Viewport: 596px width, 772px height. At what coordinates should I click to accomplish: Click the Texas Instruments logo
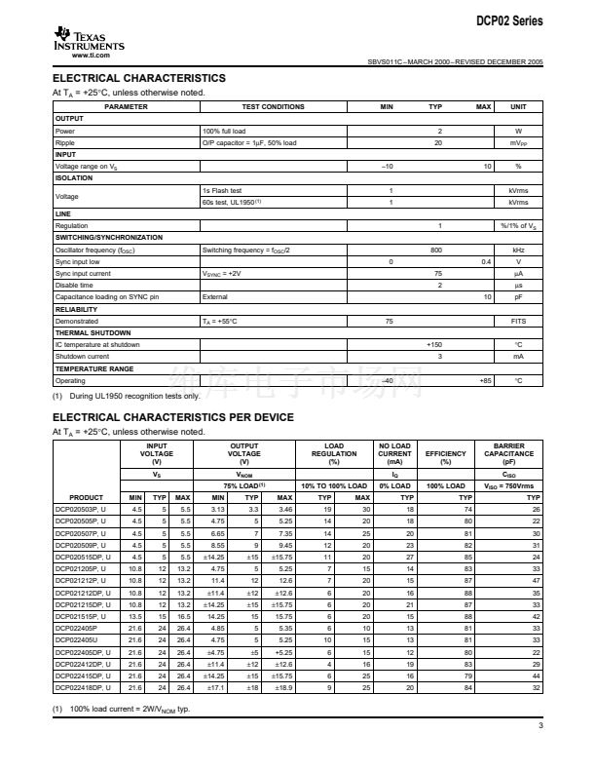pos(89,40)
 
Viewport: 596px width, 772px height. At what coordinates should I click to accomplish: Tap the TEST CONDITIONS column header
pos(273,106)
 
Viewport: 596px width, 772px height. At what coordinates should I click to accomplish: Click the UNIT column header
pos(518,106)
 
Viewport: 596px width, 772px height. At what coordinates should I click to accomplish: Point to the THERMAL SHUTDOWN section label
pos(94,332)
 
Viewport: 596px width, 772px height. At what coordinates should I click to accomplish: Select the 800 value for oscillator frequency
pos(436,250)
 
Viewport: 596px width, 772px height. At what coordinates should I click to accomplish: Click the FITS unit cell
pos(518,321)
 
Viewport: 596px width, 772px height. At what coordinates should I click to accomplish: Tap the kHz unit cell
pos(518,250)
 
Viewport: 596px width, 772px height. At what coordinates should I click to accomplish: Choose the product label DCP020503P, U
pos(82,509)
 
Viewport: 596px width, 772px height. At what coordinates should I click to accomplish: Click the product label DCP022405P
pos(77,630)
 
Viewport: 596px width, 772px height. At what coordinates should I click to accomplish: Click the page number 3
pos(540,725)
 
